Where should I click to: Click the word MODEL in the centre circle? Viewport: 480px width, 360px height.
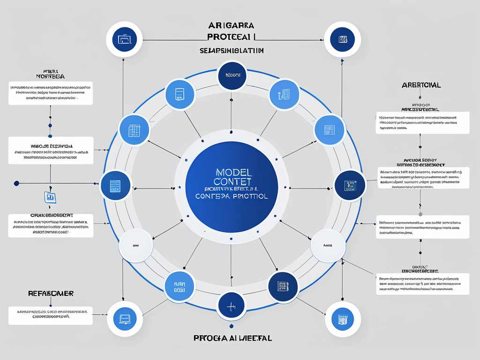pos(232,172)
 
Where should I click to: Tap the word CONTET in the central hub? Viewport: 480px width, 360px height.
pos(232,181)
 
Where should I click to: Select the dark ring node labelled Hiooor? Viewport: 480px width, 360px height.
pos(232,75)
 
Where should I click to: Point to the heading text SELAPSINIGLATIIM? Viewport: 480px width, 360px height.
pos(231,50)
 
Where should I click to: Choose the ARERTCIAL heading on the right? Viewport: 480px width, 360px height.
pos(420,85)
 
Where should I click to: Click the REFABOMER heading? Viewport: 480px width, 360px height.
pos(51,293)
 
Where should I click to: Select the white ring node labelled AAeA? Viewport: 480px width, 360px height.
pos(328,245)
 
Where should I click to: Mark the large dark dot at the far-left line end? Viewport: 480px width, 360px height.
pos(16,183)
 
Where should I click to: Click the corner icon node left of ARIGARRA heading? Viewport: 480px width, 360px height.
pos(124,40)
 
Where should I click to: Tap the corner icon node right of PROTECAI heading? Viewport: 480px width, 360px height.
pos(343,40)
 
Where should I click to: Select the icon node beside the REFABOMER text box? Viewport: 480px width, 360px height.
pos(125,319)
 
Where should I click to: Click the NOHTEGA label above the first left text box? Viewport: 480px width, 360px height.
pos(50,75)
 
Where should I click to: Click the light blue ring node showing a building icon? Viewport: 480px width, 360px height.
pos(284,94)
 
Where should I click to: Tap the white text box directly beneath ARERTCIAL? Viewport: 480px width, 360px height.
pos(422,123)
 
